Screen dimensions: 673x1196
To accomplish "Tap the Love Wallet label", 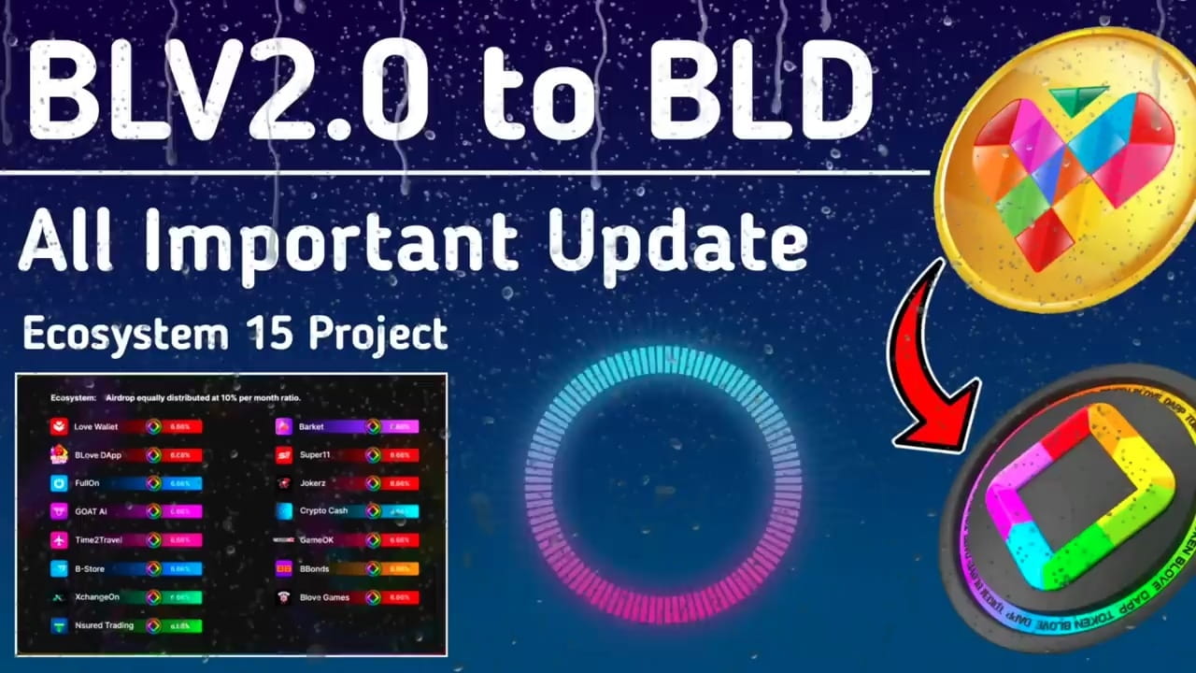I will [x=97, y=427].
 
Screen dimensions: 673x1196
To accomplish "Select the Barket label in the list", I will [x=311, y=427].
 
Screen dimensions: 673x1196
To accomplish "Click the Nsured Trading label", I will [x=104, y=625].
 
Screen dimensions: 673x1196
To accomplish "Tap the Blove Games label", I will [x=323, y=597].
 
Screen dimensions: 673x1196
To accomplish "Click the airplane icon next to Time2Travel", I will [x=59, y=540].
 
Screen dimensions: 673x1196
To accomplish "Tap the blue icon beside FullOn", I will [x=59, y=483].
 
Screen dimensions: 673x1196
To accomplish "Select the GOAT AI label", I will [x=91, y=511].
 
